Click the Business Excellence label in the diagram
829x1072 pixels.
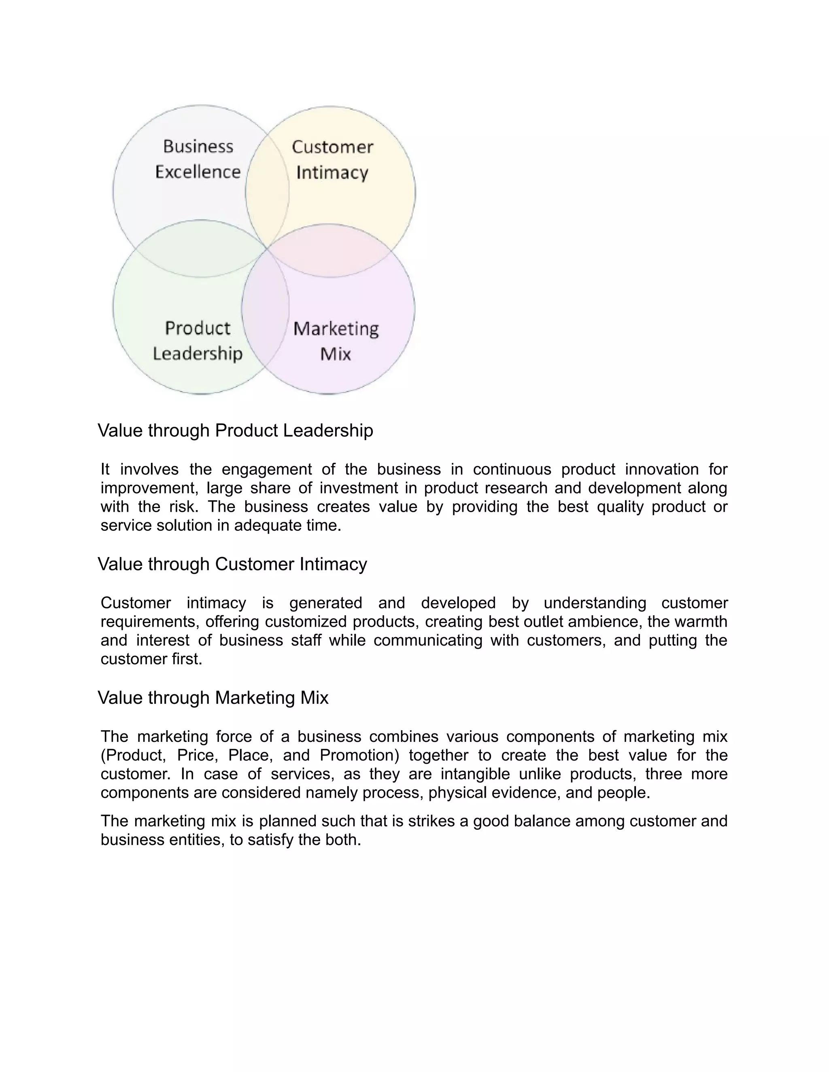[x=198, y=159]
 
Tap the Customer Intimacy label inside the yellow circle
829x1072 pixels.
[x=332, y=159]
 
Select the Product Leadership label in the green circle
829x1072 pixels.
[x=198, y=341]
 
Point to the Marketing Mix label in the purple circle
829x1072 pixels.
[x=336, y=341]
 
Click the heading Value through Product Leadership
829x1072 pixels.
[x=235, y=430]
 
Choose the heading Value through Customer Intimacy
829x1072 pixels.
[x=232, y=564]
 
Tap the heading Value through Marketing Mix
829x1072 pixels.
[x=213, y=697]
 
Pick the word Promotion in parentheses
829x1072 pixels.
[x=359, y=755]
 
